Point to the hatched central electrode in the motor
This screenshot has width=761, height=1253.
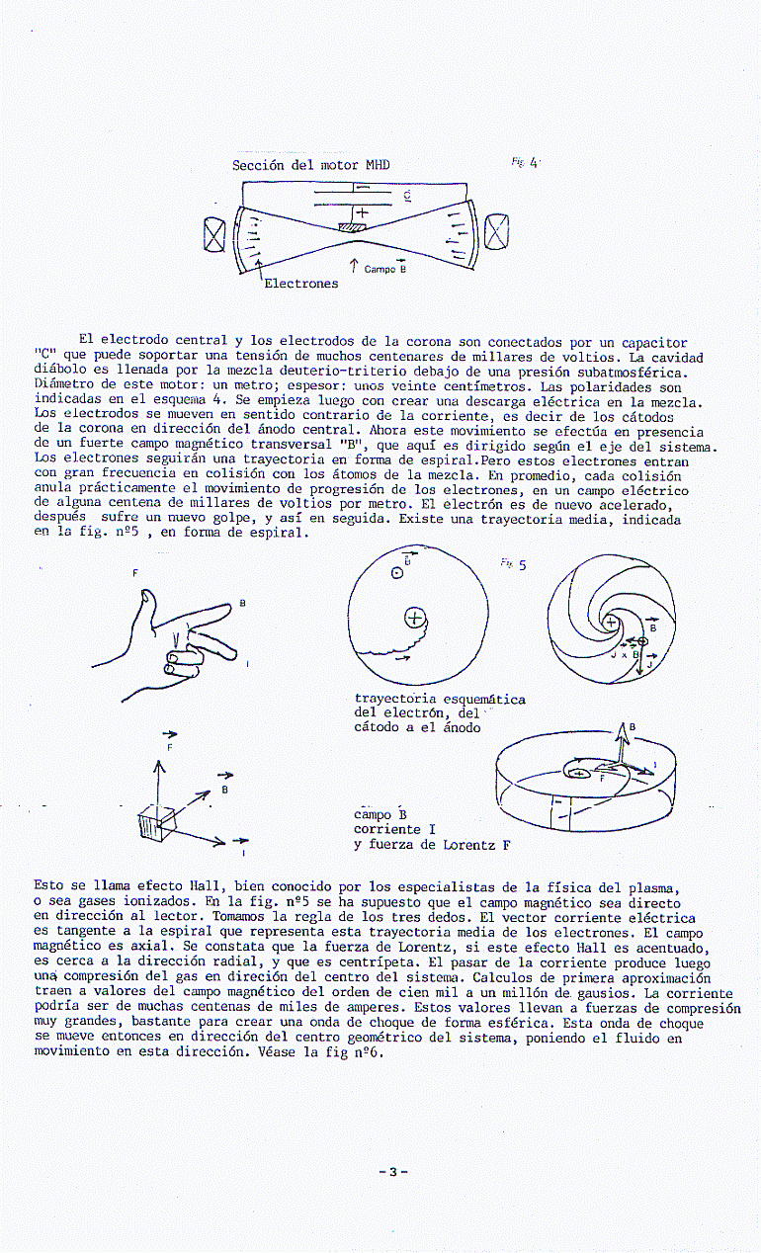coord(352,228)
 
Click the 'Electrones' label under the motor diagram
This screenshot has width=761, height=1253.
coord(301,284)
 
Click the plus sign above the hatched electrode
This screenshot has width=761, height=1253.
coord(362,211)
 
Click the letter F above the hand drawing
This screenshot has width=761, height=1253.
coord(135,573)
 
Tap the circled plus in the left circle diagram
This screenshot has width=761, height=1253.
coord(414,619)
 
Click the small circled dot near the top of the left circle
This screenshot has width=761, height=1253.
coord(396,572)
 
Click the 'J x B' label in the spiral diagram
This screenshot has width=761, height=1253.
coord(625,654)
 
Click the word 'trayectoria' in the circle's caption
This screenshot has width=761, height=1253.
coord(394,700)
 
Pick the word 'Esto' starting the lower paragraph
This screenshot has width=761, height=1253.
coord(49,886)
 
